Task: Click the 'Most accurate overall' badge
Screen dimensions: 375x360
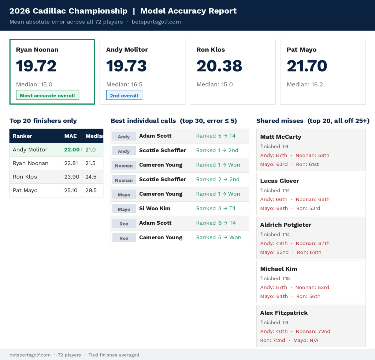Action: pyautogui.click(x=47, y=95)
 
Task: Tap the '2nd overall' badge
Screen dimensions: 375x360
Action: pyautogui.click(x=124, y=95)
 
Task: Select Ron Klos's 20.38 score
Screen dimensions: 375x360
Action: pyautogui.click(x=219, y=66)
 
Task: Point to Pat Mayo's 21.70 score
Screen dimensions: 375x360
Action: pyautogui.click(x=307, y=66)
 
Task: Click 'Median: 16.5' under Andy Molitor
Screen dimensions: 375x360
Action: pyautogui.click(x=125, y=84)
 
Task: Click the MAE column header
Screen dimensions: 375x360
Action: pyautogui.click(x=71, y=136)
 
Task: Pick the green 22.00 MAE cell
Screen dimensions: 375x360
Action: pyautogui.click(x=72, y=150)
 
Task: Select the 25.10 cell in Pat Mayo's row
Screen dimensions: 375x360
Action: pyautogui.click(x=71, y=190)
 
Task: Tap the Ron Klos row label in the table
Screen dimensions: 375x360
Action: pyautogui.click(x=25, y=177)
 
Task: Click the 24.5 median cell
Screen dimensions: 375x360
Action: pyautogui.click(x=91, y=177)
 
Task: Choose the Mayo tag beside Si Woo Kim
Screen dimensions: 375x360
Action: pyautogui.click(x=124, y=209)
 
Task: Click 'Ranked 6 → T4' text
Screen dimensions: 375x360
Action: pyautogui.click(x=216, y=223)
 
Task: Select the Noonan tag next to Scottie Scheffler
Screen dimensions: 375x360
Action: pyautogui.click(x=124, y=180)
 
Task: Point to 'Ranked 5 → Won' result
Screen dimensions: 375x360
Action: pyautogui.click(x=219, y=237)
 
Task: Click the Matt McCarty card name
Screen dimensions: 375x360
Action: pyautogui.click(x=281, y=137)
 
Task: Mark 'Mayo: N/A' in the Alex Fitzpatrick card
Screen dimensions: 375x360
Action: pyautogui.click(x=306, y=340)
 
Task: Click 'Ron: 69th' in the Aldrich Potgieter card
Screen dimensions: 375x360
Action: pyautogui.click(x=309, y=252)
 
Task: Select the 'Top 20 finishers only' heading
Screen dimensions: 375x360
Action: pyautogui.click(x=43, y=121)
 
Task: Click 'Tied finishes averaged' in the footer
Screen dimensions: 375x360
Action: pyautogui.click(x=114, y=355)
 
